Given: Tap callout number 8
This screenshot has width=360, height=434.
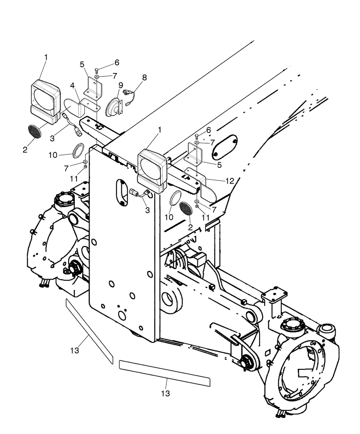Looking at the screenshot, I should click(x=144, y=78).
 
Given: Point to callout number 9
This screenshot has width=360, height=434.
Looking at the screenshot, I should click(x=120, y=85).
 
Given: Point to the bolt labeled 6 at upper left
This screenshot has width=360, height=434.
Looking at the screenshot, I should click(x=97, y=70).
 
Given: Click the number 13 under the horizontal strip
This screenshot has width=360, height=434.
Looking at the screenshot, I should click(x=165, y=393).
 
